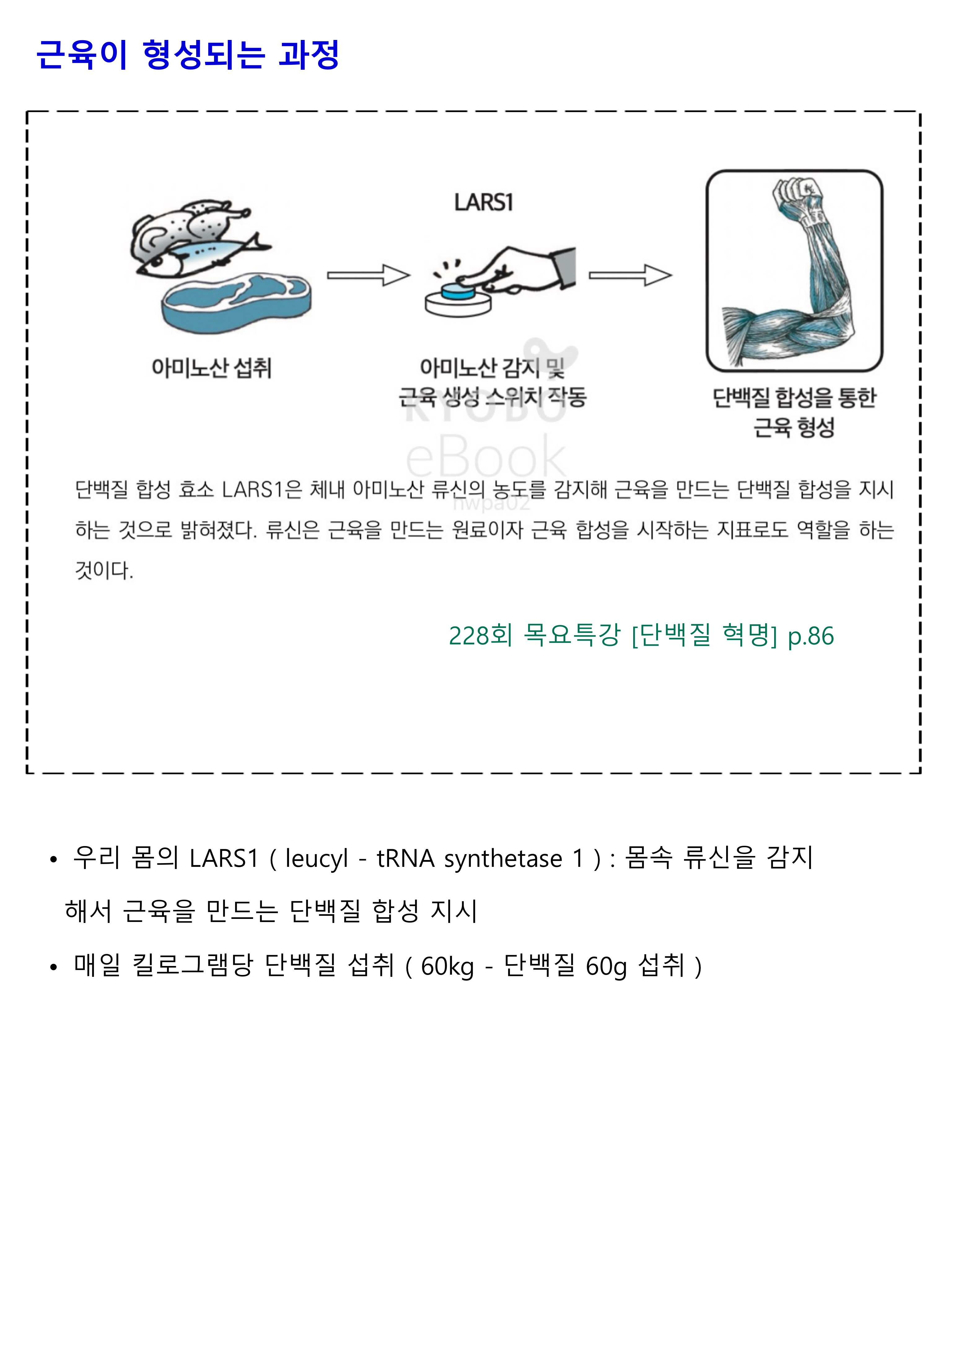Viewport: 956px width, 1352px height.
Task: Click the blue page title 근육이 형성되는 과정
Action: click(188, 55)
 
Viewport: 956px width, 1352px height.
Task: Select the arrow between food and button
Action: click(368, 275)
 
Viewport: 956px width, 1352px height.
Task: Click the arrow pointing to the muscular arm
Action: click(630, 275)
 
